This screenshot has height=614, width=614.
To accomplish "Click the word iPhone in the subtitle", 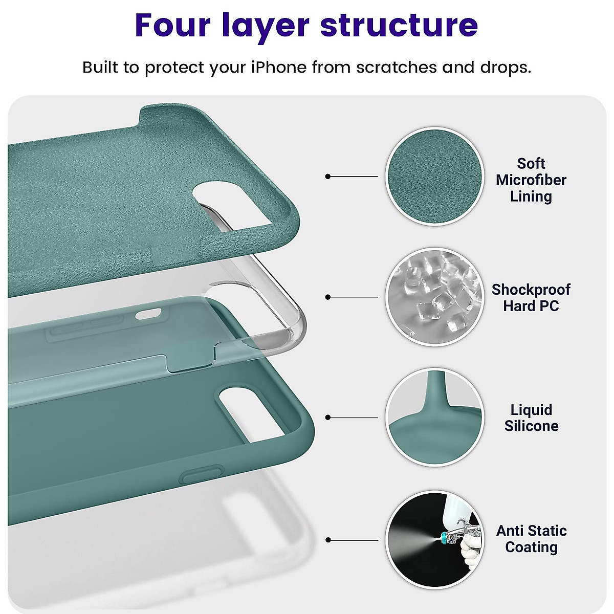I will pos(279,68).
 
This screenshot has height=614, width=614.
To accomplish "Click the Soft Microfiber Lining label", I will pos(531,180).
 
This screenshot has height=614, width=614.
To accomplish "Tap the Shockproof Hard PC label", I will pos(531,298).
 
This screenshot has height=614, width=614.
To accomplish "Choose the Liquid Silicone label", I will pos(531,418).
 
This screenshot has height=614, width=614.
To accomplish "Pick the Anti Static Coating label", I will pos(531,539).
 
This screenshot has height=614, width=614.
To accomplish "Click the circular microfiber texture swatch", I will pos(434,176).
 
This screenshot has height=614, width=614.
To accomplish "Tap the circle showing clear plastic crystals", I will pos(434,297).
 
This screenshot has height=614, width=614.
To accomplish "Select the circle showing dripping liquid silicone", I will pos(434,418).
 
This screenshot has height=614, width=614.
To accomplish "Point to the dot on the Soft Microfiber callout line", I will pos(328,177).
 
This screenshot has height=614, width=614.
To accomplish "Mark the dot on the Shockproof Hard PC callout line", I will pos(328,297).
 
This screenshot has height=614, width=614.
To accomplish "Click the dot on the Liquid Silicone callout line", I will pos(328,418).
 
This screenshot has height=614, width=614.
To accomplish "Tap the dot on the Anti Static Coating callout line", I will pos(328,540).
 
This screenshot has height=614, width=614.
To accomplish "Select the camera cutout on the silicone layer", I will pos(256,404).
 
